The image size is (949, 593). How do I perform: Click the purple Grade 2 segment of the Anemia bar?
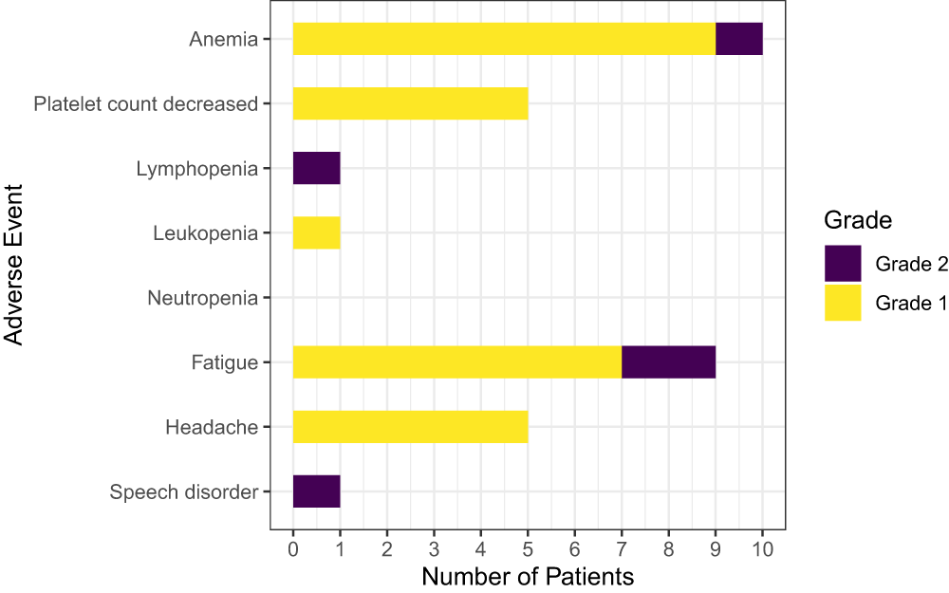coord(738,39)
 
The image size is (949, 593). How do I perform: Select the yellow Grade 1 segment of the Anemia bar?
coord(504,39)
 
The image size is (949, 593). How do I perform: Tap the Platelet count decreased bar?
coord(410,103)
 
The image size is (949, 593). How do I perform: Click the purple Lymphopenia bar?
coord(316,168)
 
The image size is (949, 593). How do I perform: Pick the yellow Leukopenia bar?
coord(316,232)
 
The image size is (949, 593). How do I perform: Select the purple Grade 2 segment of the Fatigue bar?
coord(668,362)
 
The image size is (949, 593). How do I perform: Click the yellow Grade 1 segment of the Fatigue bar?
coord(456,362)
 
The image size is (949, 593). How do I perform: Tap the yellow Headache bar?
coord(410,427)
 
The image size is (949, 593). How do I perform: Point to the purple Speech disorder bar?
coord(316,491)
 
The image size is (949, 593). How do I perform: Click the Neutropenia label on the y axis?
coord(202,299)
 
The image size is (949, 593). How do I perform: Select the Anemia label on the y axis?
coord(223,40)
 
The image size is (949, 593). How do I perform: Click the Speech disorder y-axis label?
coord(183,492)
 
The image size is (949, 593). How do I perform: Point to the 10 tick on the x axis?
coord(762,547)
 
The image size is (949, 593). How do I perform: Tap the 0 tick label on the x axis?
coord(293,547)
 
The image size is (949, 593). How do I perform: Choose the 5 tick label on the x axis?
coord(528,547)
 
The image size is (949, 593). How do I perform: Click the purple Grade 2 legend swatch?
coord(843,264)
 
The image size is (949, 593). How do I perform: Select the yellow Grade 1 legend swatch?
coord(843,303)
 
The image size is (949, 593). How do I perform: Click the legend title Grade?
coord(857,221)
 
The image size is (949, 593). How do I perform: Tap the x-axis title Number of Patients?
coord(528,576)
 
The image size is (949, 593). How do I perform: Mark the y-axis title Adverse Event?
coord(14,266)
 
